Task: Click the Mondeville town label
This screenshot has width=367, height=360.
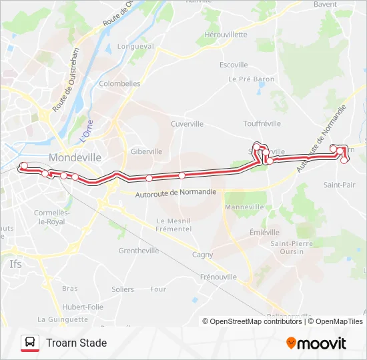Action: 75,158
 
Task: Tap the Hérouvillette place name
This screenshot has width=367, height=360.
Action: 226,35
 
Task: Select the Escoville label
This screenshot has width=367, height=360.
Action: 234,65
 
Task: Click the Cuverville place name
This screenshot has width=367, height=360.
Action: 187,123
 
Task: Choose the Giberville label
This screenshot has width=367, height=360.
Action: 146,151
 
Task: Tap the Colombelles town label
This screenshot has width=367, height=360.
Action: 119,84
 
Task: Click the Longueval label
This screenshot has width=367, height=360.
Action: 135,47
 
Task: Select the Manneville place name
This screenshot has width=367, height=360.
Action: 245,207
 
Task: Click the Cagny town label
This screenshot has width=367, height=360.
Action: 202,254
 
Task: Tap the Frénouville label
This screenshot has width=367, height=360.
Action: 218,276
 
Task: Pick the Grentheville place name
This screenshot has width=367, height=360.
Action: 138,251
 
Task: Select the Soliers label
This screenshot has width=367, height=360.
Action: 123,289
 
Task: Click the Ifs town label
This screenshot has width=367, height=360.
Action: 16,263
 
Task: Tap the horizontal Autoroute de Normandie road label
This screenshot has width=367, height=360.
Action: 175,193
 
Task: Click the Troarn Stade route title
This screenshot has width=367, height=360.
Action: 76,343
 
